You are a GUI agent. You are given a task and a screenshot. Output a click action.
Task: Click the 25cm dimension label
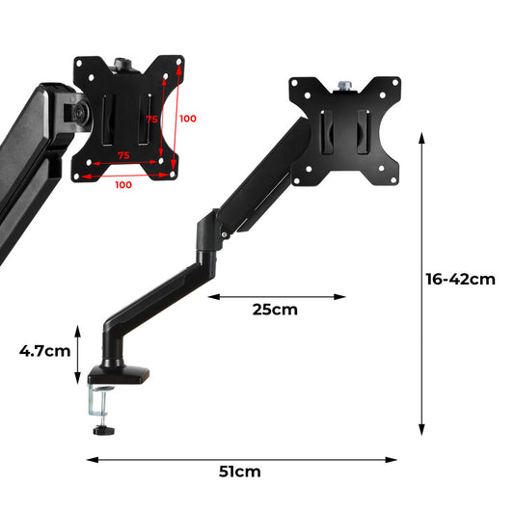(275, 311)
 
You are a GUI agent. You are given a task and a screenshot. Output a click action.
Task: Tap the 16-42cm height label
(460, 280)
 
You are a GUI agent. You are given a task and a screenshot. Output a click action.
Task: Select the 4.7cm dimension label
(44, 351)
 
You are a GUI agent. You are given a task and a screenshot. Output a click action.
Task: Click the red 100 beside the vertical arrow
(187, 119)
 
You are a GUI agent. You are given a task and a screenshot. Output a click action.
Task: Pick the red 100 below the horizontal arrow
(123, 184)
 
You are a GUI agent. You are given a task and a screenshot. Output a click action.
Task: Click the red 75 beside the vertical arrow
(150, 120)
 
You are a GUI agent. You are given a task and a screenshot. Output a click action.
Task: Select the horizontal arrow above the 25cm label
(276, 296)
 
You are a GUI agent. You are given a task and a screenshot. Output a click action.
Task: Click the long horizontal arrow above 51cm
(241, 460)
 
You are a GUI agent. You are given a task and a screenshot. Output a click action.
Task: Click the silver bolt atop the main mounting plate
(346, 87)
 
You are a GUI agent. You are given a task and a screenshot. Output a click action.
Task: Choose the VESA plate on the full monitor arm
(344, 131)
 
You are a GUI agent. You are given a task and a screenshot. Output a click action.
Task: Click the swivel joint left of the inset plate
(72, 111)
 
